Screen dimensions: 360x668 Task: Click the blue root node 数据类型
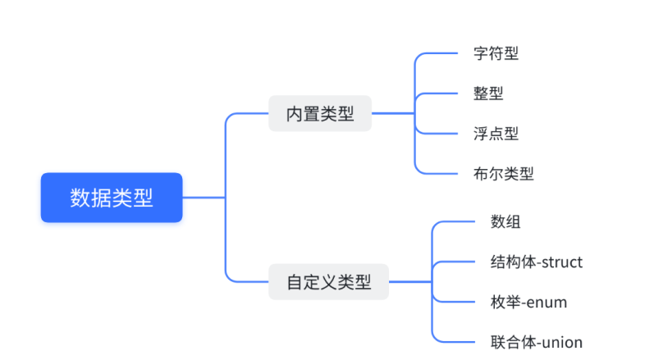[x=112, y=198]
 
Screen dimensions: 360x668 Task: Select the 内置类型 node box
[x=320, y=114]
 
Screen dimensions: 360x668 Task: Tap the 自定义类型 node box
[x=328, y=283]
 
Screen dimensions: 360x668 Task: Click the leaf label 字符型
[x=496, y=54]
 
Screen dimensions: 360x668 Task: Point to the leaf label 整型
[x=488, y=93]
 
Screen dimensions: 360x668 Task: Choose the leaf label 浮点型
[x=496, y=134]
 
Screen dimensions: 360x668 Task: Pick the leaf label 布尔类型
[x=503, y=174]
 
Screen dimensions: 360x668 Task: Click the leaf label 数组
[x=506, y=221]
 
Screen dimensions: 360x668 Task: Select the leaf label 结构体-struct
[x=536, y=262]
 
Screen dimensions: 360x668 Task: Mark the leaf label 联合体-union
[x=536, y=342]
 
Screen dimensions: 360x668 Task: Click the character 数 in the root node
[x=80, y=198]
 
